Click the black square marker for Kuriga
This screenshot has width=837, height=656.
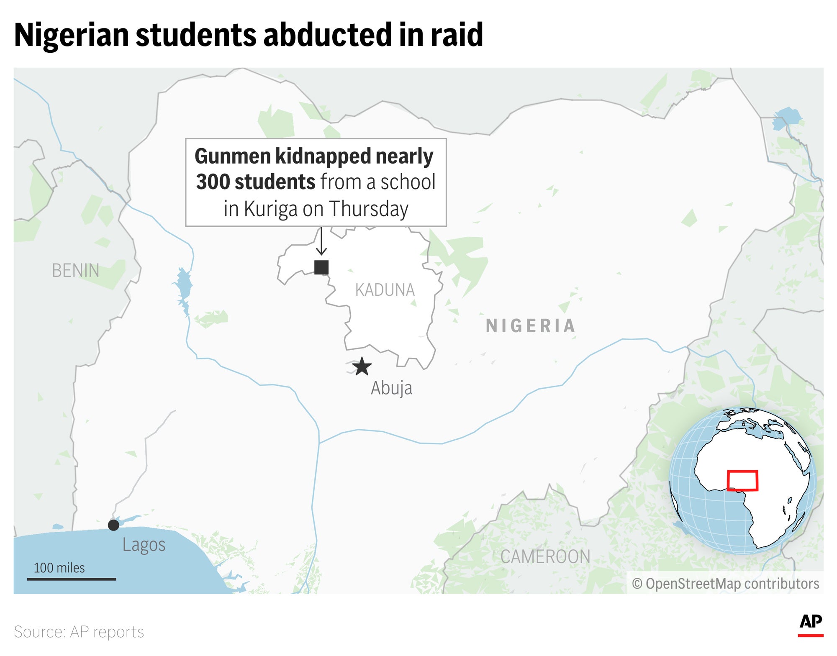(321, 267)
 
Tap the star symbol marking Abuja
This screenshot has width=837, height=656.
(362, 366)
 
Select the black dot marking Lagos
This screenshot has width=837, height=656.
(113, 525)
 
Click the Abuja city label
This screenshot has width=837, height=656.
(391, 388)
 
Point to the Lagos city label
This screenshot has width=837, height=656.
(144, 545)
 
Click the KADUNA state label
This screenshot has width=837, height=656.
(385, 290)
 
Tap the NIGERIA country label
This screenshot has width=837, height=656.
(531, 326)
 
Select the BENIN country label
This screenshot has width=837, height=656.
(76, 271)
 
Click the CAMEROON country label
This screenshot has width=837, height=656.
(545, 557)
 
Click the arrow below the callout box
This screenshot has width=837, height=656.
(321, 242)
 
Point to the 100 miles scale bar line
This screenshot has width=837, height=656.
(72, 579)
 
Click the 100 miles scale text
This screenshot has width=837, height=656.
(59, 568)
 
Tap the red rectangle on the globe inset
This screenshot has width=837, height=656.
(742, 481)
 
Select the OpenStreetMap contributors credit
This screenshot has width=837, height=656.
(725, 584)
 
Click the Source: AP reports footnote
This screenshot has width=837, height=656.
(79, 632)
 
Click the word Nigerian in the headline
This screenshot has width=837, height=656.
(72, 35)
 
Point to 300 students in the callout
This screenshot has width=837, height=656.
(255, 182)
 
